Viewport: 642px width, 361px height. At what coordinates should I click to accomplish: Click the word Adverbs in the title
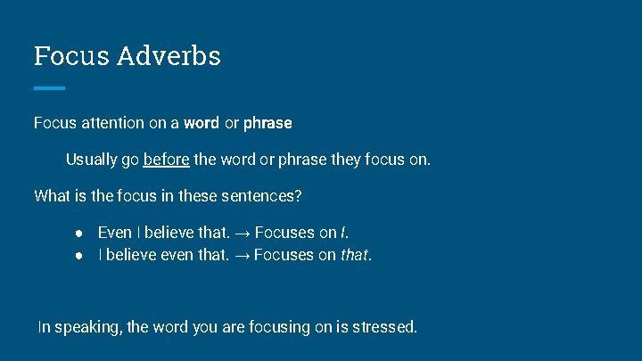click(169, 56)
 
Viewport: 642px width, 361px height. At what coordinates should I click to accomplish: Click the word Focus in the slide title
click(71, 56)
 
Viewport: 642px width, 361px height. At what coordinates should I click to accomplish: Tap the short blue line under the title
click(49, 88)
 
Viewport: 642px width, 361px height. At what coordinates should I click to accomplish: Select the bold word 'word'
click(202, 123)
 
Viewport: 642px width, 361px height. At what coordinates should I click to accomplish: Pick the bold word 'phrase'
click(267, 123)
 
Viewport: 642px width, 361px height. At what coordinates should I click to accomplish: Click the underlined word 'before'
click(166, 160)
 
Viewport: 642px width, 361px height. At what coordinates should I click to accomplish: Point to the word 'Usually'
click(91, 160)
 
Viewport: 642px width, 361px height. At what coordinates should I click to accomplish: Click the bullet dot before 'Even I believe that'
click(79, 234)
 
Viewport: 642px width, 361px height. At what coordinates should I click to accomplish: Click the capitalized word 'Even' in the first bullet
click(114, 234)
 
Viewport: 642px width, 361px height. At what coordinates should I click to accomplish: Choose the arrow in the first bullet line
click(243, 234)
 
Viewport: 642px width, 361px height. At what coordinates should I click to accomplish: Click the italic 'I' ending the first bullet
click(343, 234)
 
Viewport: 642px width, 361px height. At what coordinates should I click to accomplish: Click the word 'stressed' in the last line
click(383, 327)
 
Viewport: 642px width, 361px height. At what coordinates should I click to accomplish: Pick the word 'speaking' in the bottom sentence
click(88, 328)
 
